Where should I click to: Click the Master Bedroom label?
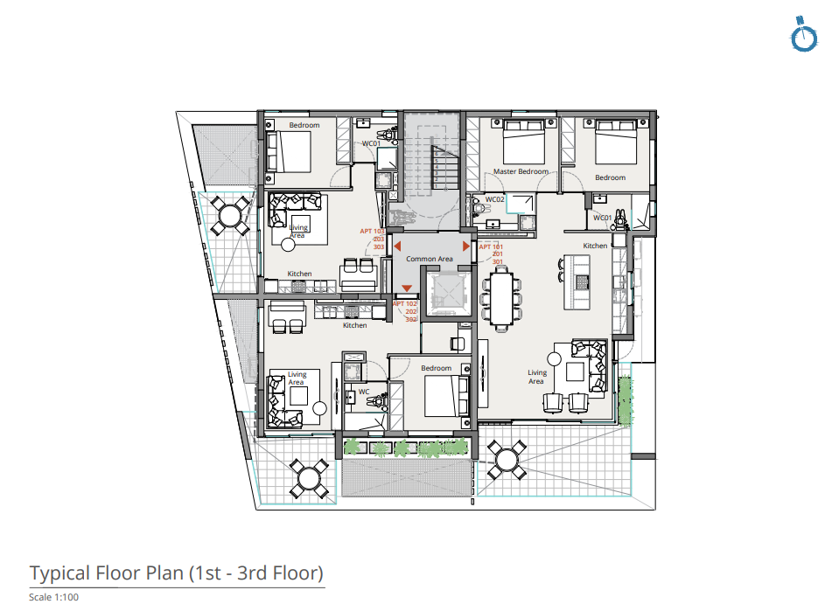click(521, 171)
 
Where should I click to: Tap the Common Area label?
click(429, 259)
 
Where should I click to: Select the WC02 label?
click(495, 199)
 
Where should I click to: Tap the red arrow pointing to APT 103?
click(398, 248)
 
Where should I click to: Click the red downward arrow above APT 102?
click(407, 289)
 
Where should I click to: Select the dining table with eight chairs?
click(501, 298)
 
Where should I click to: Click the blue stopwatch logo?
click(804, 35)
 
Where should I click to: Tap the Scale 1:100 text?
click(54, 597)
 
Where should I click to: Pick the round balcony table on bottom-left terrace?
click(309, 477)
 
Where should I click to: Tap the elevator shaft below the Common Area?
click(449, 292)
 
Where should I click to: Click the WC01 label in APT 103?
click(371, 143)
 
